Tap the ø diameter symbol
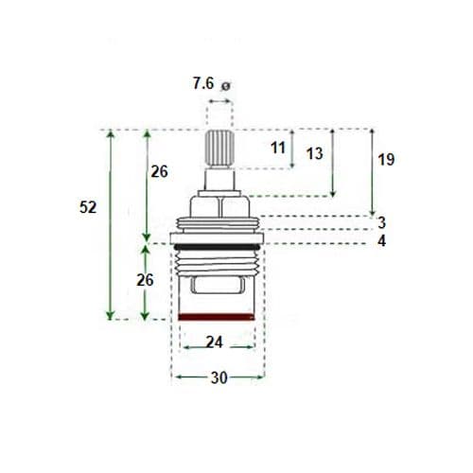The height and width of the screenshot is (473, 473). [x=225, y=87]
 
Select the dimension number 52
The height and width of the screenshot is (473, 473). [x=87, y=207]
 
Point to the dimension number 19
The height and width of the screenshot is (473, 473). [x=386, y=160]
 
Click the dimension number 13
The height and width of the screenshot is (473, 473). [x=315, y=153]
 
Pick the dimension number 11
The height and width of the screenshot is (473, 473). [x=277, y=148]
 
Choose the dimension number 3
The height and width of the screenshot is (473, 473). [x=380, y=223]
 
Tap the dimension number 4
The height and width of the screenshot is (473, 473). [x=380, y=242]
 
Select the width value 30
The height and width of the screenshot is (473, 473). [x=219, y=377]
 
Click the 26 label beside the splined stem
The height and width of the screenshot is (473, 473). [x=160, y=171]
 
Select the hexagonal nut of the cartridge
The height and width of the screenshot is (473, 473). [x=219, y=205]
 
